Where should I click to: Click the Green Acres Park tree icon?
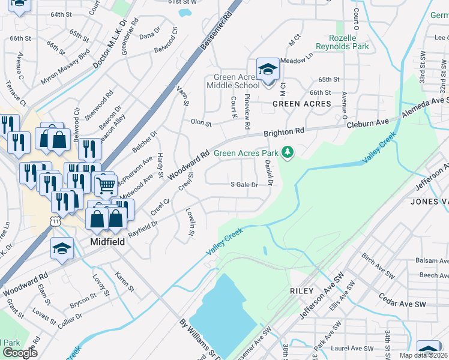(288, 152)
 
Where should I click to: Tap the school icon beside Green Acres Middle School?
(268, 69)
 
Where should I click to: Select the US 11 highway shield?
(56, 221)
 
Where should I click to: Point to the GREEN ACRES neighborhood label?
(301, 104)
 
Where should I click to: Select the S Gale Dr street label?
(244, 185)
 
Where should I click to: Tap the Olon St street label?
(201, 123)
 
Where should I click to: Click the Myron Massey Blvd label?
(65, 67)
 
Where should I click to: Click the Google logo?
(20, 353)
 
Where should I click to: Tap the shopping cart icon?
(105, 185)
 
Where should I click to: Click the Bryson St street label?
(83, 298)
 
